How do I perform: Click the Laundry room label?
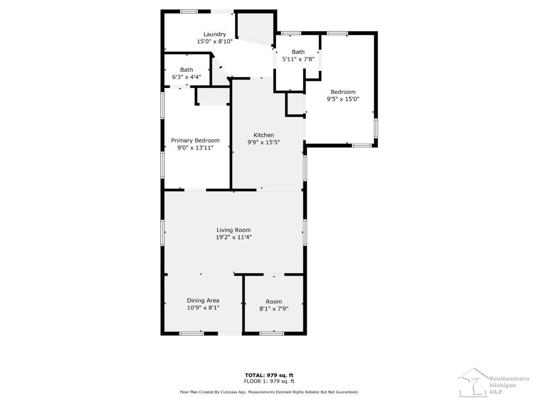[214, 34]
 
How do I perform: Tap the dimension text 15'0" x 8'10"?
[214, 41]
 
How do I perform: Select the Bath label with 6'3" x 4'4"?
[186, 70]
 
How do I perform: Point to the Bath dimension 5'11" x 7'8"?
[298, 59]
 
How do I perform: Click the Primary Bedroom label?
[195, 140]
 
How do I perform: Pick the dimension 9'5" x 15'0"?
[343, 99]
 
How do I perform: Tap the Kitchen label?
[263, 135]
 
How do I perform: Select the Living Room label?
[234, 230]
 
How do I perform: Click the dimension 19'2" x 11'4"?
[234, 237]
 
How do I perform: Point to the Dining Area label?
[203, 300]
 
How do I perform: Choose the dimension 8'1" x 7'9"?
[273, 309]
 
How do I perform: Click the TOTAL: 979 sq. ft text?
[269, 375]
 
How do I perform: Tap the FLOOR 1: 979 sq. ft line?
[269, 381]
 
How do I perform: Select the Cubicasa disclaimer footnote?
[269, 392]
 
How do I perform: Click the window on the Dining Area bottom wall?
[191, 333]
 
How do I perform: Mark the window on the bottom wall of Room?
[272, 333]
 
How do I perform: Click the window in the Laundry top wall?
[189, 11]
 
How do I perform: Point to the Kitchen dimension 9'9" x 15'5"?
[263, 142]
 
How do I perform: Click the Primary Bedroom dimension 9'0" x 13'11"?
[195, 148]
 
